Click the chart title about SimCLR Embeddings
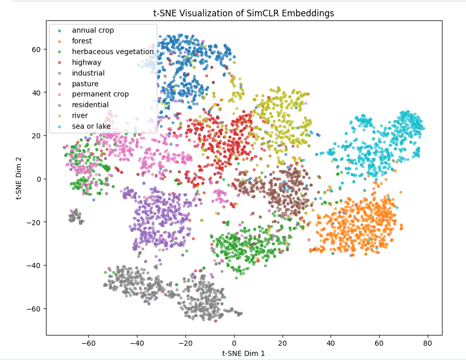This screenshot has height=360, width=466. tap(244, 13)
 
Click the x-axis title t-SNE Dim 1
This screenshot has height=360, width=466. tap(243, 353)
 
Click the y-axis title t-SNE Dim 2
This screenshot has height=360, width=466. tap(20, 178)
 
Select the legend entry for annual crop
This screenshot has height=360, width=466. tap(92, 30)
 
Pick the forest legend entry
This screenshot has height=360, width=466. tap(82, 41)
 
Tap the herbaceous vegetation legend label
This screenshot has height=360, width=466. tap(112, 52)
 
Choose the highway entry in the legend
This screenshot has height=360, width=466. tap(86, 62)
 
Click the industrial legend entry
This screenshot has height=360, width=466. tap(88, 73)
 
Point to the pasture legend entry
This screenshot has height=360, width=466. tap(85, 84)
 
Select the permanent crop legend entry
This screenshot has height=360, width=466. tap(100, 94)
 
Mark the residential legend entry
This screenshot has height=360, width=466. tap(89, 105)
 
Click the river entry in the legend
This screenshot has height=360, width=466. tap(79, 115)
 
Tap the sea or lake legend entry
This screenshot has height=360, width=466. tap(91, 126)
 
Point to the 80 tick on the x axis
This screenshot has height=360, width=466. tap(427, 342)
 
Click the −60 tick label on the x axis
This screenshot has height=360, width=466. tap(88, 342)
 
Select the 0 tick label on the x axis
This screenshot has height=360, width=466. tap(234, 342)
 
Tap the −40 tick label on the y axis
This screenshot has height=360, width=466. tap(35, 265)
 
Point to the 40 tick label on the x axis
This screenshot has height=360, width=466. tap(331, 342)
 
